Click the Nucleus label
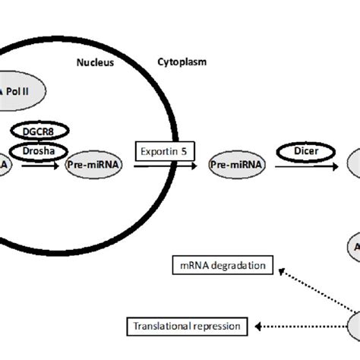point(95,63)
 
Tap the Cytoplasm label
point(182,62)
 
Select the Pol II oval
point(23,93)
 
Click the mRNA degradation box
point(220,265)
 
